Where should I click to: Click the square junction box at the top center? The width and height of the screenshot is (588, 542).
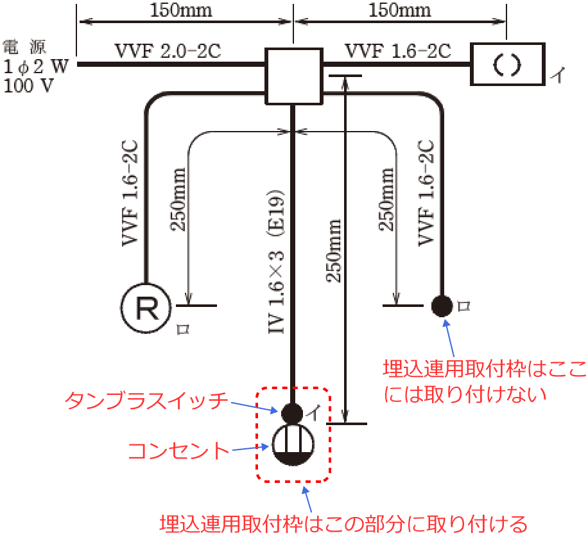coord(293,76)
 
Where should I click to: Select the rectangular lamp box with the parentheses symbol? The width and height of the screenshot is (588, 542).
coord(507,64)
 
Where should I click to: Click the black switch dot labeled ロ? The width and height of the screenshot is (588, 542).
coord(442,306)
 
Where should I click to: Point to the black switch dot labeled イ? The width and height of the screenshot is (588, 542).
coord(292,412)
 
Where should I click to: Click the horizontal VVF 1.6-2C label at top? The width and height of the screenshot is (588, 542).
coord(398,50)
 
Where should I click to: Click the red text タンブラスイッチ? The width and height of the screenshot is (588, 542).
coord(146,401)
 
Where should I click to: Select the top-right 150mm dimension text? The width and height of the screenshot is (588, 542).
coord(399,11)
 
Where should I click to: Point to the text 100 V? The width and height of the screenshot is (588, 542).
coord(29,85)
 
